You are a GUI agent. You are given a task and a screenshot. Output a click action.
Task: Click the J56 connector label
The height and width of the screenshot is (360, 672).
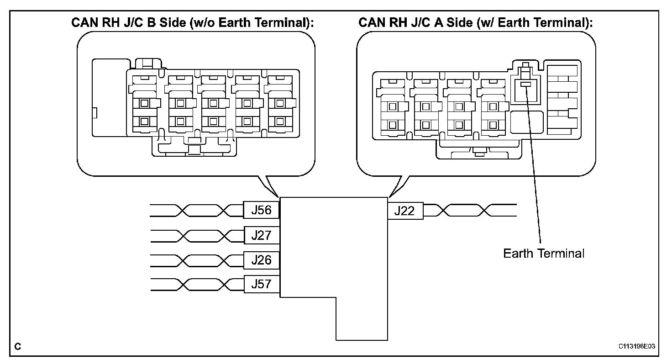click(x=261, y=210)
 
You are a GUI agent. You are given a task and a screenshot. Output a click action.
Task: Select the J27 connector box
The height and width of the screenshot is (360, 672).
click(x=262, y=235)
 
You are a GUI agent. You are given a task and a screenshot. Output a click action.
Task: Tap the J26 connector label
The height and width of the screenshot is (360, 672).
click(x=262, y=260)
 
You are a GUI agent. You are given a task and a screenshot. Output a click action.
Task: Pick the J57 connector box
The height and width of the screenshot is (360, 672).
click(x=262, y=284)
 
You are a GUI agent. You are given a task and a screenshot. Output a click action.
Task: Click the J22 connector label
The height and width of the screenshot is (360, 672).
click(x=405, y=211)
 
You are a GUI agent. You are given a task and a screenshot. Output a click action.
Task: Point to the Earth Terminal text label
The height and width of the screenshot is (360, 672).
click(x=544, y=254)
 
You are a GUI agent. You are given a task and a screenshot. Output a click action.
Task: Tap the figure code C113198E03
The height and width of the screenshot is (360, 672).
click(x=636, y=346)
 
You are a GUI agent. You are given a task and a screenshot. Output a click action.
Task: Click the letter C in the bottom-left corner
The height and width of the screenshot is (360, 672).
click(x=18, y=346)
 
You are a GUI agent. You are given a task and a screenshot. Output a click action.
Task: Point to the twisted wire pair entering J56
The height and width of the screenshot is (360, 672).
click(x=196, y=210)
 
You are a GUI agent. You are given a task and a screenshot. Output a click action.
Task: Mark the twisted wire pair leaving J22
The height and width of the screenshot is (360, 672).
click(x=470, y=210)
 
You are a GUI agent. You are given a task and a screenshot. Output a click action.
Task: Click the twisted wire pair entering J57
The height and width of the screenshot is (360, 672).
click(x=197, y=284)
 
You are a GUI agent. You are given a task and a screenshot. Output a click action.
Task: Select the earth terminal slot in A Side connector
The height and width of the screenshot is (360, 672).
click(x=525, y=85)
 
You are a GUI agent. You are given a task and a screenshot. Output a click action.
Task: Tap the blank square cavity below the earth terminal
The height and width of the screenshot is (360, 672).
click(x=527, y=122)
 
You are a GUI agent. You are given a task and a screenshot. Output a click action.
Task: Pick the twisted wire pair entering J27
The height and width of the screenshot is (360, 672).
click(x=197, y=236)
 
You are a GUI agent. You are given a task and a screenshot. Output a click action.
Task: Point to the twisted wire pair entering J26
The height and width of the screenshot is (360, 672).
click(x=197, y=260)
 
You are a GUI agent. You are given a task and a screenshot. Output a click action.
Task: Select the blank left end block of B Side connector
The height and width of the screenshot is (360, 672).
click(x=110, y=98)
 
